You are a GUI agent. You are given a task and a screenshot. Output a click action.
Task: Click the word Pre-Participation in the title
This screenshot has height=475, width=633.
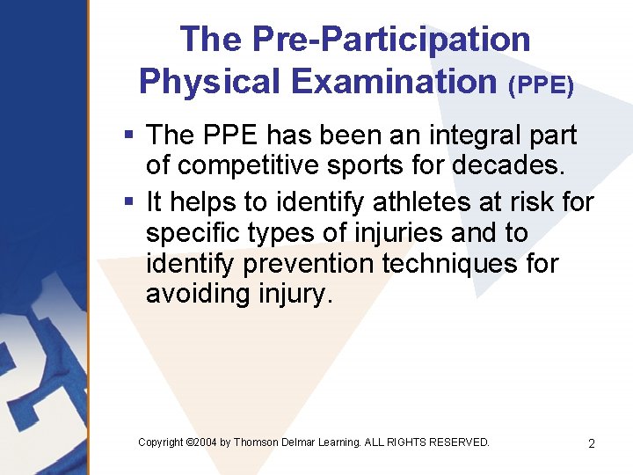coord(391,40)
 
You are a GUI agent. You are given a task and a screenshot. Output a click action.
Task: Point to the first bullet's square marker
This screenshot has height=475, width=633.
coord(128,135)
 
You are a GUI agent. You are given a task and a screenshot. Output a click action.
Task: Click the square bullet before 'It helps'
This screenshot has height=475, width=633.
coord(128,202)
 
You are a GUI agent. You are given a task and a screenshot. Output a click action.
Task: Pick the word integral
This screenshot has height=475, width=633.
coord(453,135)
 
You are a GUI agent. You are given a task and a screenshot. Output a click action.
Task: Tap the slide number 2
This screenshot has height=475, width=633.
coord(592,443)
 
